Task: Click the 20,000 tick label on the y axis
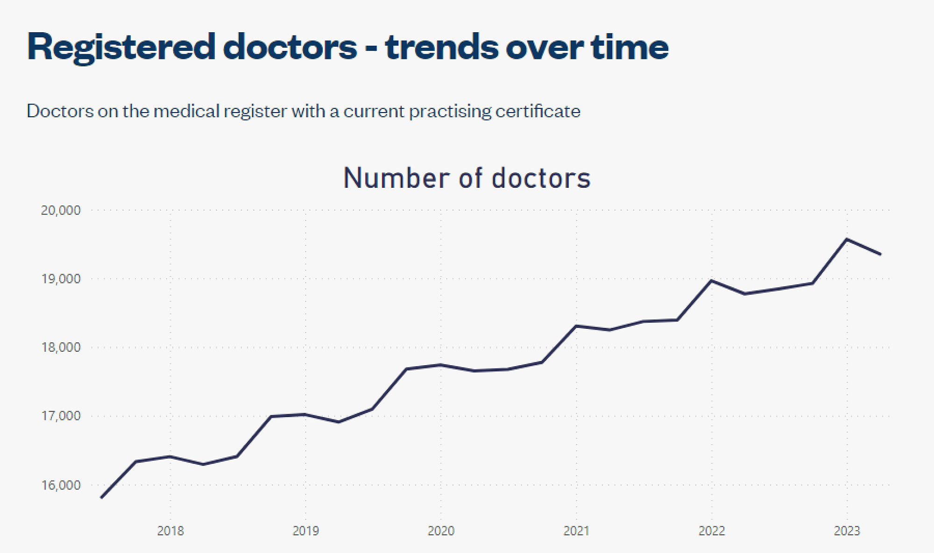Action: [x=61, y=210]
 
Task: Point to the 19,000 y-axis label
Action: [x=61, y=279]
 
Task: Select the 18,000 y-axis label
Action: [x=61, y=347]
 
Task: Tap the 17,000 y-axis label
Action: [x=61, y=416]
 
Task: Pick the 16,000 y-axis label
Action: [x=61, y=485]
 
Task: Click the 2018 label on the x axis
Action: [x=170, y=531]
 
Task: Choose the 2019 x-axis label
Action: [x=306, y=531]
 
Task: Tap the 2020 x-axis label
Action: [x=441, y=531]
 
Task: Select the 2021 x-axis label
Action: [x=576, y=531]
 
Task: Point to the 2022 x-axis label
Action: [x=712, y=531]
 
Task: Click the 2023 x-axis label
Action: [x=847, y=531]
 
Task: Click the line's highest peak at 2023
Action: [x=847, y=240]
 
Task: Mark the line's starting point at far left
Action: [x=102, y=497]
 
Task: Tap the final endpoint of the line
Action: [x=880, y=255]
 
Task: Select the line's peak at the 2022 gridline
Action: [x=711, y=281]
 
